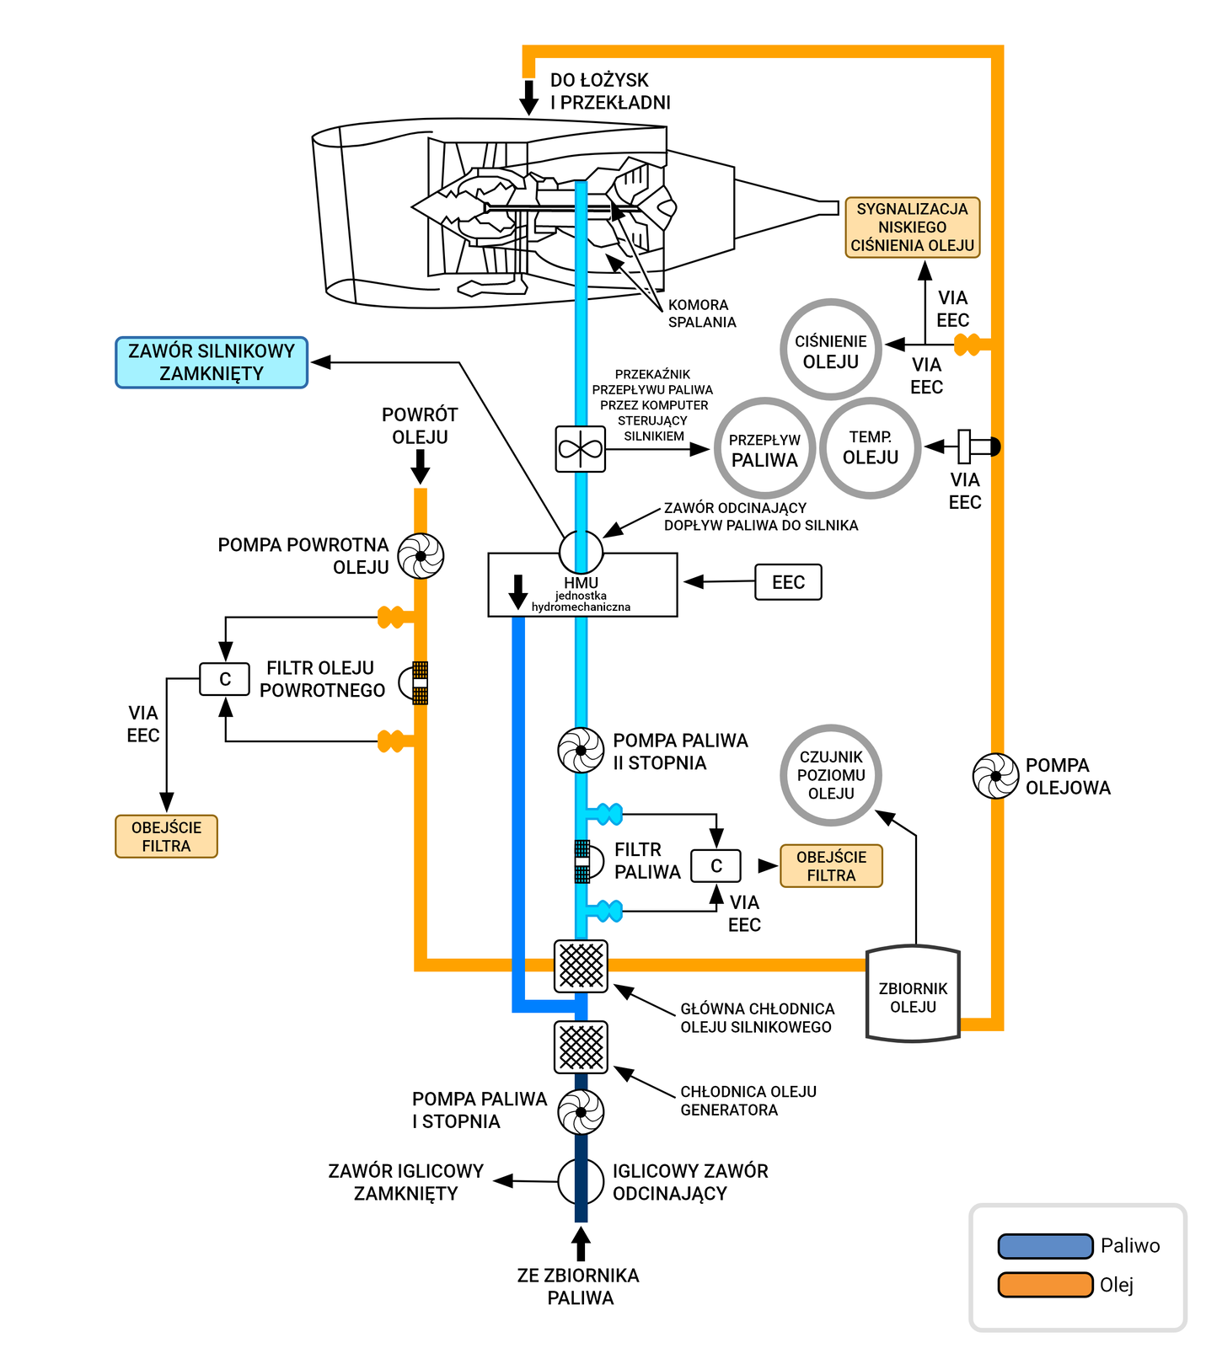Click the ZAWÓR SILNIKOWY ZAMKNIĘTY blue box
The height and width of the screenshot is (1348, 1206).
click(x=212, y=362)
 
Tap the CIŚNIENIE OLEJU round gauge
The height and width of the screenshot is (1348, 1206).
click(x=831, y=350)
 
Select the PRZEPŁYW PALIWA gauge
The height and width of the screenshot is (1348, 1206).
click(x=764, y=448)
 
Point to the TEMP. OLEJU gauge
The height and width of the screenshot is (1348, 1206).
click(x=871, y=447)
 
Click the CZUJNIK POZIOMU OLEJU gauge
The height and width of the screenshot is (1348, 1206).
click(x=831, y=775)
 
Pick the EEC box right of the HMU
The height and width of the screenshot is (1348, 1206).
click(x=788, y=582)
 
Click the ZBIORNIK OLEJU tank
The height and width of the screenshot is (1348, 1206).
click(x=913, y=995)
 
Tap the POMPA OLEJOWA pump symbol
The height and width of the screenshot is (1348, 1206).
click(x=995, y=776)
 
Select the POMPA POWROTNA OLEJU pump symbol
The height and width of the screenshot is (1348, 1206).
click(x=421, y=556)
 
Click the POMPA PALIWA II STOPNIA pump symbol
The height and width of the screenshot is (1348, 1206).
click(x=581, y=750)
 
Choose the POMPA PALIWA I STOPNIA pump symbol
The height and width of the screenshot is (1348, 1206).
click(x=581, y=1112)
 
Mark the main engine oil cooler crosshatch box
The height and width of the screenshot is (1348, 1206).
click(x=581, y=966)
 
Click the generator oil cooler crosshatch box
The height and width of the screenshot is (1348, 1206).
click(x=581, y=1047)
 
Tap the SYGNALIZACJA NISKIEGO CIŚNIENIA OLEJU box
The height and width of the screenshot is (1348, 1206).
click(x=912, y=227)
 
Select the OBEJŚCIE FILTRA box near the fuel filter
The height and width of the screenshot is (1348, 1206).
click(x=831, y=866)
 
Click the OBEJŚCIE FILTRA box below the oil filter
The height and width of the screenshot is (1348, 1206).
click(x=166, y=837)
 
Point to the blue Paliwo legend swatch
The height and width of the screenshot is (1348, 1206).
click(x=1045, y=1246)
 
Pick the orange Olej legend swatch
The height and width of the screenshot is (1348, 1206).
click(x=1045, y=1285)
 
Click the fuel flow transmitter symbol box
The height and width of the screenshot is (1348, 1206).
click(x=581, y=449)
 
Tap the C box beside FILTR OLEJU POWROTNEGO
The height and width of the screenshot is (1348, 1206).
click(x=224, y=679)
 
